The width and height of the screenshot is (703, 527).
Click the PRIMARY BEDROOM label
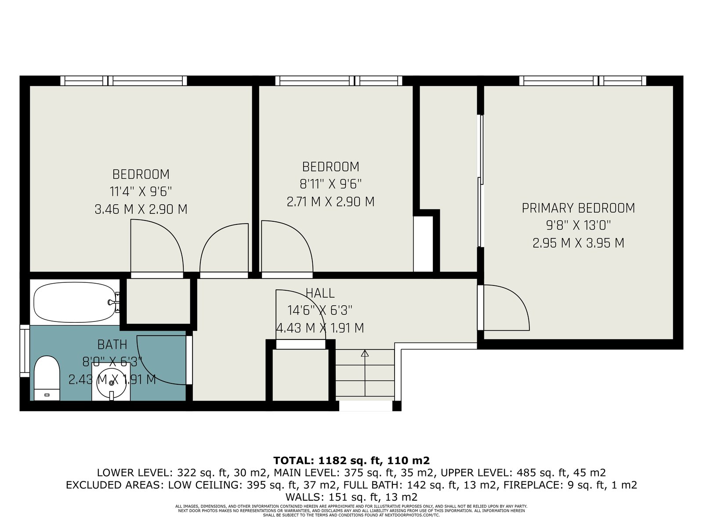[x=578, y=208]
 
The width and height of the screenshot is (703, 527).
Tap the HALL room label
[x=320, y=293]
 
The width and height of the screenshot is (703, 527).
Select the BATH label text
[x=112, y=345]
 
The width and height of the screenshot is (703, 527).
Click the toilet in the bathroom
[x=47, y=378]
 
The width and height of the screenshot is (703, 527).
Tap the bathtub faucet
[x=113, y=302]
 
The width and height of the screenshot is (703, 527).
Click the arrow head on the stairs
[x=365, y=353]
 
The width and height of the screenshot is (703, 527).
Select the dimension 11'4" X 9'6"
[x=141, y=191]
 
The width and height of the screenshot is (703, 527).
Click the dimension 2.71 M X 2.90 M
[x=330, y=202]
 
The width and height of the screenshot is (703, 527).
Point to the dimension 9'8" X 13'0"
[x=578, y=226]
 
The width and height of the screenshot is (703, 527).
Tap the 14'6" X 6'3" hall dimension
[x=319, y=310]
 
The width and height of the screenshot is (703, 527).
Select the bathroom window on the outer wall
[x=25, y=351]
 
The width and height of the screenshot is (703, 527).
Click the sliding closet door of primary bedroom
[x=480, y=181]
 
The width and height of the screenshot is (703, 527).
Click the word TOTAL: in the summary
[x=294, y=460]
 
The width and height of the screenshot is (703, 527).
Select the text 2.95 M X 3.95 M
[x=578, y=243]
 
